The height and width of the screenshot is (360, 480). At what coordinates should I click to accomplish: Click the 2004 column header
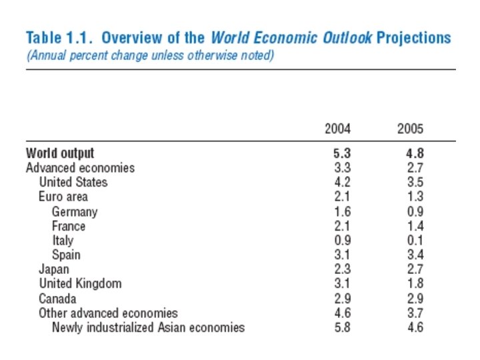[x=337, y=129]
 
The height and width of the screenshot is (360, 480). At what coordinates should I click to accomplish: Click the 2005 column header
[x=410, y=129]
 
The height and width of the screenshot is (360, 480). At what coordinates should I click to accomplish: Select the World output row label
[x=60, y=153]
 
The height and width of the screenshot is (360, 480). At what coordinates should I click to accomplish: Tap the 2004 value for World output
[x=342, y=153]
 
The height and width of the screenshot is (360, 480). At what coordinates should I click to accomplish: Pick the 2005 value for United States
[x=414, y=182]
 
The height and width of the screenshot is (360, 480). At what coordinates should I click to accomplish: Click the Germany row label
[x=75, y=211]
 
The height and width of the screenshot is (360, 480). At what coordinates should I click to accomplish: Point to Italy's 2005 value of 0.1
[x=414, y=240]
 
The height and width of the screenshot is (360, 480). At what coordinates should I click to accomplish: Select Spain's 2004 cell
[x=342, y=255]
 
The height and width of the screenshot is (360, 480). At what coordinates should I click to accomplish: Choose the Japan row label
[x=53, y=269]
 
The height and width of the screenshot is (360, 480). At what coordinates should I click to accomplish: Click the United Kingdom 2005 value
[x=414, y=284]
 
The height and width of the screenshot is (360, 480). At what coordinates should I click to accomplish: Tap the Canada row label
[x=57, y=298]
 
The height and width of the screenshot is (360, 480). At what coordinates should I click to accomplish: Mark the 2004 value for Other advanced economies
[x=342, y=313]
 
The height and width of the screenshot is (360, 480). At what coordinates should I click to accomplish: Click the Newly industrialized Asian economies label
[x=148, y=327]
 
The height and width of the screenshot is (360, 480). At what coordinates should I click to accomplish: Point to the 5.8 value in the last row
[x=342, y=327]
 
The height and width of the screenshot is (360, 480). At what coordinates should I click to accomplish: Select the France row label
[x=69, y=226]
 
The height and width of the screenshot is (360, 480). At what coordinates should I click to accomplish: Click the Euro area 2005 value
[x=414, y=197]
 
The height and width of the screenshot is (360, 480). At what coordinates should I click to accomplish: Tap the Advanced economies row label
[x=80, y=168]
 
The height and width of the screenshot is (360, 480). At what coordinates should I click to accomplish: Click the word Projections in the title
[x=413, y=37]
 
